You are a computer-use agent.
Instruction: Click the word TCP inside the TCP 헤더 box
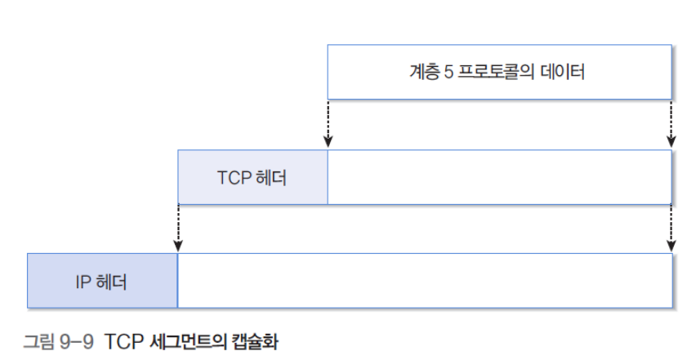(233, 177)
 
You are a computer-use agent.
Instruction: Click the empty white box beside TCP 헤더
(499, 177)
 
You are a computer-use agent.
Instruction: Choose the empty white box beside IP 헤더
(424, 282)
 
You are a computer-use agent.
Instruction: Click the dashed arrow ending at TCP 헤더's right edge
(328, 122)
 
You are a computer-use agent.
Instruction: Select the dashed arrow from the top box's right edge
(671, 122)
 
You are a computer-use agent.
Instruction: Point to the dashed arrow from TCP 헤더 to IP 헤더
(178, 227)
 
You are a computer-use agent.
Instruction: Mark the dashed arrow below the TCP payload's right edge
(671, 227)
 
